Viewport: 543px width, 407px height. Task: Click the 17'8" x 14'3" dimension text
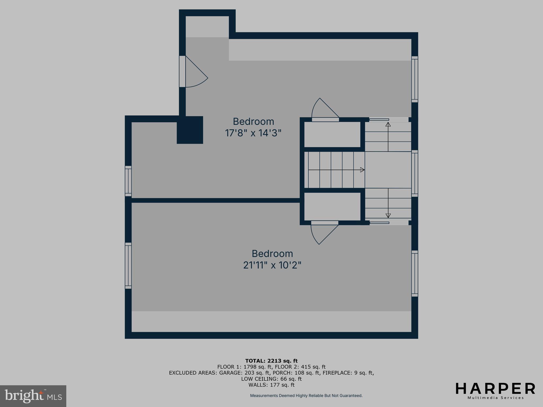point(253,133)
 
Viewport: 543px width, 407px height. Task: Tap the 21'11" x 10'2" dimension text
point(272,265)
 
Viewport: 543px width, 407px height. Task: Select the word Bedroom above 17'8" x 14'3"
point(253,121)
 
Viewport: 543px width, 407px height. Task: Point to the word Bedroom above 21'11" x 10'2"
point(272,254)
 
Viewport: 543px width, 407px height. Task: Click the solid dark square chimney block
point(190,130)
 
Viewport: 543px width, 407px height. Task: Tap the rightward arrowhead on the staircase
point(362,170)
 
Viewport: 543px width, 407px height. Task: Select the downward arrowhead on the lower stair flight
point(388,216)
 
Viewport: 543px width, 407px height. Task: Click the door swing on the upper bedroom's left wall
point(195,73)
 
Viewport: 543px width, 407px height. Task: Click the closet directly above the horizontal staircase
point(332,134)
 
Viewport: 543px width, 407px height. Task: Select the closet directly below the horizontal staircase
point(332,206)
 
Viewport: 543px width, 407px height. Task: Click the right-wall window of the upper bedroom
point(415,79)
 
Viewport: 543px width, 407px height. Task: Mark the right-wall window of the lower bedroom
point(415,273)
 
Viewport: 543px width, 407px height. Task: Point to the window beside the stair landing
point(415,173)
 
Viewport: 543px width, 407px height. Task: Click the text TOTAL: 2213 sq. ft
point(271,361)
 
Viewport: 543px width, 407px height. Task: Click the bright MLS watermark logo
point(33,396)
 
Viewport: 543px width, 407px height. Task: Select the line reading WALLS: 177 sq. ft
point(271,385)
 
